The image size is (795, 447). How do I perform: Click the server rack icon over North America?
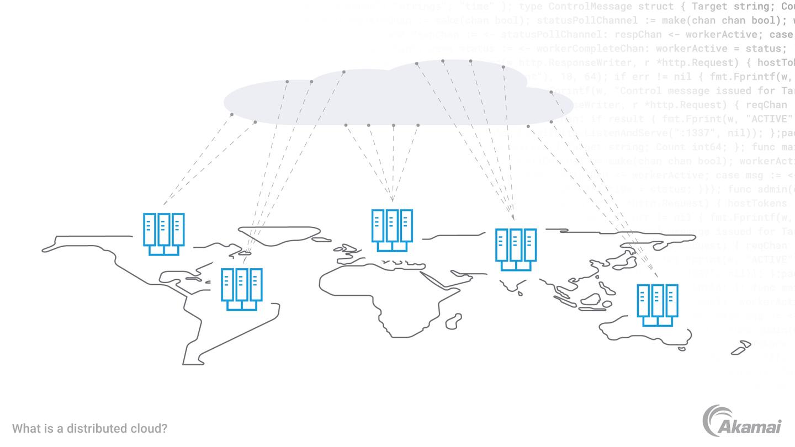163,234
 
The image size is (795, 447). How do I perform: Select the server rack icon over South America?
241,289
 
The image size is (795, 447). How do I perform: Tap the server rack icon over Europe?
392,230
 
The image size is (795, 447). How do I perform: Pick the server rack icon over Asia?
516,249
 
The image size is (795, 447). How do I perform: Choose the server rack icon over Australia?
657,305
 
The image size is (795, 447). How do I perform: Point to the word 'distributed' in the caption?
83,428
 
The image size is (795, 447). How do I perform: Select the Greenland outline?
276,235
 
